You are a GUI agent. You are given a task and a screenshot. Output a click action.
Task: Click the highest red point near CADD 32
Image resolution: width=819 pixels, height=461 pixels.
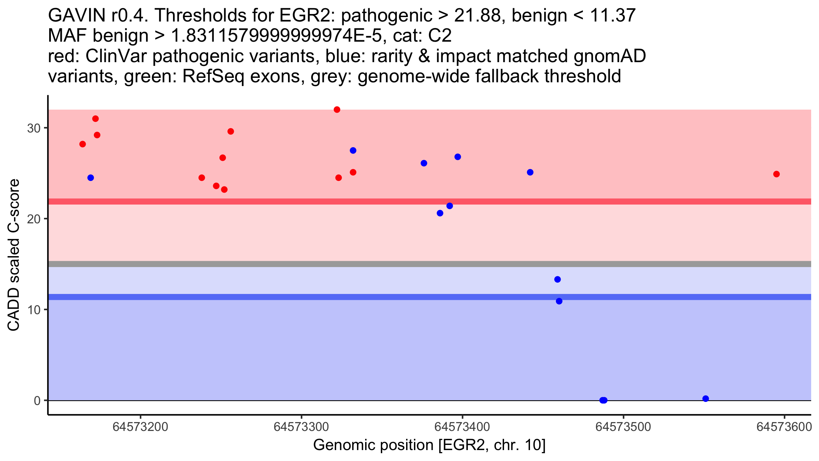[337, 110]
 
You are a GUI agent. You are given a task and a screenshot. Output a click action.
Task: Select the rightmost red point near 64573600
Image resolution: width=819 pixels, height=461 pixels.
[776, 174]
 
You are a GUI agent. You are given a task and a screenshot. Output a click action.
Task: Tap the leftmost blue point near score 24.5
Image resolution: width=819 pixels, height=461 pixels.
[90, 178]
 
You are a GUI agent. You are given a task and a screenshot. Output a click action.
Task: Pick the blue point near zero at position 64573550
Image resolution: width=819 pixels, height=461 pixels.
[706, 399]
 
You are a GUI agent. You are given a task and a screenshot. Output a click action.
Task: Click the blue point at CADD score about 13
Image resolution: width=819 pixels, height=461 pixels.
[558, 279]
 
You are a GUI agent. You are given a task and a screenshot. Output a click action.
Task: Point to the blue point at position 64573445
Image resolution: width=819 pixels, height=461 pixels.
[530, 172]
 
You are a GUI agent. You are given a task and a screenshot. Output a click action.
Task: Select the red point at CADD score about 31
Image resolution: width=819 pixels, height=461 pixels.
[96, 118]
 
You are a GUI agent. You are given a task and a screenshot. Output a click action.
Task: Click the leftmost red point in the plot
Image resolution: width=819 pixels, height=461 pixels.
[83, 144]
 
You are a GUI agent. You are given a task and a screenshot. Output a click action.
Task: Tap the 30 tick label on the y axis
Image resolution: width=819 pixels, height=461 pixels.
[34, 128]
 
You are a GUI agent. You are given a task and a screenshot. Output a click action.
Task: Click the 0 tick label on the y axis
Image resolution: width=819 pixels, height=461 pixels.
[37, 401]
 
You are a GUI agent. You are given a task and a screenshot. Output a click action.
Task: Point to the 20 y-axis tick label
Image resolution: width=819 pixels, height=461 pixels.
[34, 219]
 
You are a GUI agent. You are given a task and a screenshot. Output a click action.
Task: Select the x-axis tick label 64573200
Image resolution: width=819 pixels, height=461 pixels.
[140, 427]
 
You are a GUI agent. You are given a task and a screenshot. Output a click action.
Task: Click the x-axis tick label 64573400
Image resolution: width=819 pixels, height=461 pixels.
[462, 427]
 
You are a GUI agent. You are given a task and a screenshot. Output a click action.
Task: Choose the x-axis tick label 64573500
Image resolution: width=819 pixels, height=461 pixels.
[623, 427]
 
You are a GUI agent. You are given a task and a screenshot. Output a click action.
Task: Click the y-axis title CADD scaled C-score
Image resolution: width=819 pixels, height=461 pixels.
[14, 255]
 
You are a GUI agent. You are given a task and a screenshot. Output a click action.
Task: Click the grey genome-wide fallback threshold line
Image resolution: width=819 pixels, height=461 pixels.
[430, 264]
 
